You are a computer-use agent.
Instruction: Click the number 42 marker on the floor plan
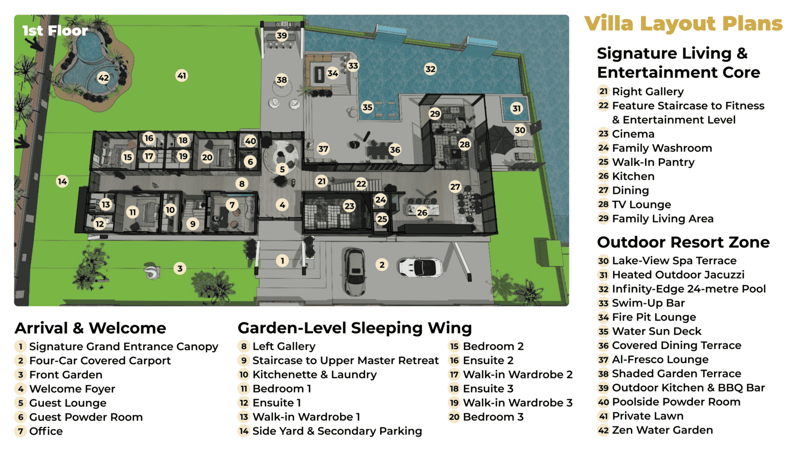103,78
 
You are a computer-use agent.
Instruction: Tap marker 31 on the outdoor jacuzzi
516,108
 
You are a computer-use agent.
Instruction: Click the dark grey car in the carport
354,271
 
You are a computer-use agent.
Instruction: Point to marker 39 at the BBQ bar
282,36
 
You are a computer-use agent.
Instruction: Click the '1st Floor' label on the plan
55,30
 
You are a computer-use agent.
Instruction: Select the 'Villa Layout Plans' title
683,23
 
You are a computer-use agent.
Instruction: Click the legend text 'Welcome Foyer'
72,389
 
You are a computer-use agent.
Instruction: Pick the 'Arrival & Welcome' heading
90,328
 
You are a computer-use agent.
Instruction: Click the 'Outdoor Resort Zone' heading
683,242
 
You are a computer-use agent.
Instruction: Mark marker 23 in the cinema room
349,206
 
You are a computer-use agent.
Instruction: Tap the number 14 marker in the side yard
62,181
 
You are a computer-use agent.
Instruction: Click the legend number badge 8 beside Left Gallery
244,347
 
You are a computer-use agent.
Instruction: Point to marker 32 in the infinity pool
430,69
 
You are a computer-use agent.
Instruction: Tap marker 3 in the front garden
180,268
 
